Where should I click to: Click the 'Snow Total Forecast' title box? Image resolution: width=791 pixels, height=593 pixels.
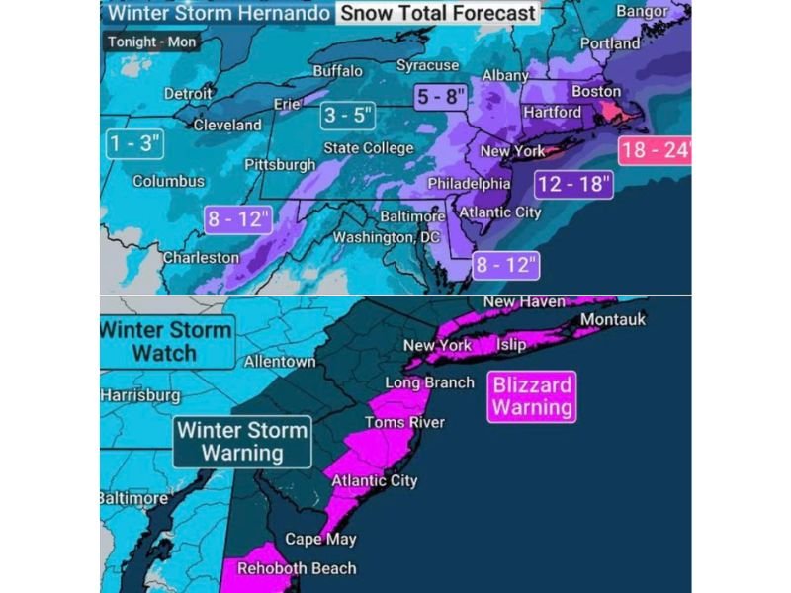[x=438, y=14]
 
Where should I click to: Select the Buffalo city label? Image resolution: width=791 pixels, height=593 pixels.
[x=337, y=71]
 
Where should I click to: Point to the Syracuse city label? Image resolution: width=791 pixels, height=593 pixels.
[x=427, y=65]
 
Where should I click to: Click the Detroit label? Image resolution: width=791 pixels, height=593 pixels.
[x=188, y=93]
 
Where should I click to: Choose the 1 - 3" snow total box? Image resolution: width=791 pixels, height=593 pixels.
[x=134, y=144]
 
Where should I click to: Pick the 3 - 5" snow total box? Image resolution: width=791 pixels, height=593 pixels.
[x=350, y=116]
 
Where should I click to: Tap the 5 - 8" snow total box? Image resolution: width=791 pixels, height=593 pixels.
[x=442, y=98]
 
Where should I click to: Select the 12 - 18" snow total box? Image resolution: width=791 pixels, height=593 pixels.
[x=574, y=184]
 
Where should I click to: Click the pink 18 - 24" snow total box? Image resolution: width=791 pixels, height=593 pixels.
[x=655, y=152]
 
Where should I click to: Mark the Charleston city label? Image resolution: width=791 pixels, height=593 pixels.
[x=201, y=257]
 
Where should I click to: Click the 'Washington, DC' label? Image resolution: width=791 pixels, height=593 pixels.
[x=386, y=237]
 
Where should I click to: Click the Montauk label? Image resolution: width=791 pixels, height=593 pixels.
[x=612, y=319]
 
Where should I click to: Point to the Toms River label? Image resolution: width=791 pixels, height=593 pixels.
[x=404, y=422]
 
